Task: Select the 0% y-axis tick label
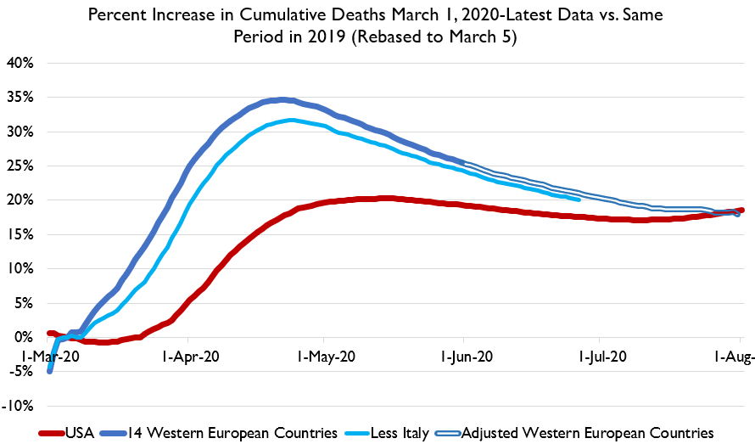click(x=24, y=337)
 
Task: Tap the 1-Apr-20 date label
click(x=190, y=358)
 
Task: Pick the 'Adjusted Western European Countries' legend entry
click(x=586, y=432)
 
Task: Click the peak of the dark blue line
click(x=282, y=99)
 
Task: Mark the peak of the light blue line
click(x=291, y=121)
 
